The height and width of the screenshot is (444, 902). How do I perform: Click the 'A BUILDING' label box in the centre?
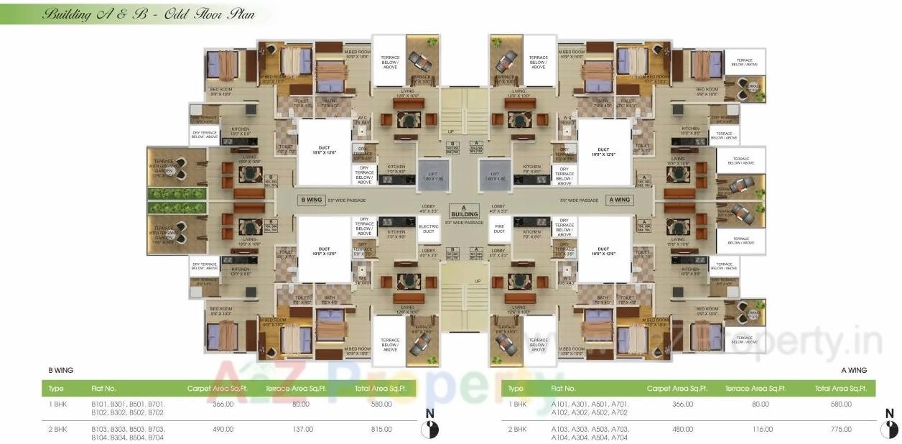coord(463,211)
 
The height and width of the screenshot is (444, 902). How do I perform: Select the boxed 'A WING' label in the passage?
coord(619,200)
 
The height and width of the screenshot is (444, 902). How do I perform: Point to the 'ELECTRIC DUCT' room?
coord(429,229)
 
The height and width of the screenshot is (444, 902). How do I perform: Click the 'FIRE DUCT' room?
coord(499,229)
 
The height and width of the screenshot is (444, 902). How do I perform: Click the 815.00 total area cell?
coord(381,429)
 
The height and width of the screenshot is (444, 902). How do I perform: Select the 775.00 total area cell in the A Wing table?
coord(840,429)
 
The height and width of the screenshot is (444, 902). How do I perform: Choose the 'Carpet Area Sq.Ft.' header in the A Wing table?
coord(677,389)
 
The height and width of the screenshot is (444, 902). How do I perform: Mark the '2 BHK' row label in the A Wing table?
coord(517,429)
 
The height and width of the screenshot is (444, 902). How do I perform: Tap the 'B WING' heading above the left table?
coord(60,370)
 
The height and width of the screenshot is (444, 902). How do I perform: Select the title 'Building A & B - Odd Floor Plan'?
coord(141,14)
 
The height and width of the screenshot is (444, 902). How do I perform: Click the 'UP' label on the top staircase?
coord(450,132)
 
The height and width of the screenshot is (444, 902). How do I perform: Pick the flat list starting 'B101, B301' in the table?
coord(127,408)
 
